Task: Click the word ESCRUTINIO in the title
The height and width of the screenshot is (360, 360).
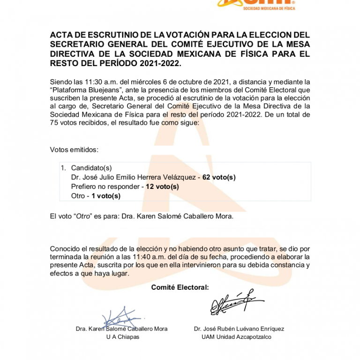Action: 101,35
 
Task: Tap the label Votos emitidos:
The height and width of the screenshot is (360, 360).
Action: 74,150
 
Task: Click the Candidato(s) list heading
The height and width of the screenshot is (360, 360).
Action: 91,168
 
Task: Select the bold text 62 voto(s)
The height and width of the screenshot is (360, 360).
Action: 219,177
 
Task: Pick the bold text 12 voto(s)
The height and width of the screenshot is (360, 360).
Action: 162,187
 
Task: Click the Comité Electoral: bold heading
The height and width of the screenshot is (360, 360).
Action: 180,287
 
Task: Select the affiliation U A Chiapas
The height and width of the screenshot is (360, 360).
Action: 123,337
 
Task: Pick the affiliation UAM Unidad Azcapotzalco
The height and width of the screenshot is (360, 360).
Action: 236,337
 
